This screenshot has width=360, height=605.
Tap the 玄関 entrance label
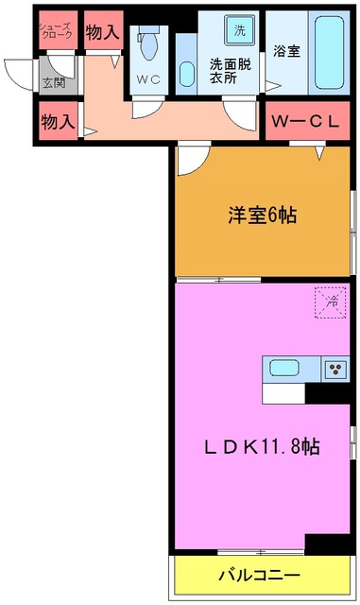pos(53,83)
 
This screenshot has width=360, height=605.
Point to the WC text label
pos(147,80)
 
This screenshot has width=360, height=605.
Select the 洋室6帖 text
pos(262,216)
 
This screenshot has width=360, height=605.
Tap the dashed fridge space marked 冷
pos(332,302)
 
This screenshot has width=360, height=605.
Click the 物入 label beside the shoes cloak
pos(102,31)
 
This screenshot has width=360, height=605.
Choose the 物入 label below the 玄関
pos(59,122)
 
